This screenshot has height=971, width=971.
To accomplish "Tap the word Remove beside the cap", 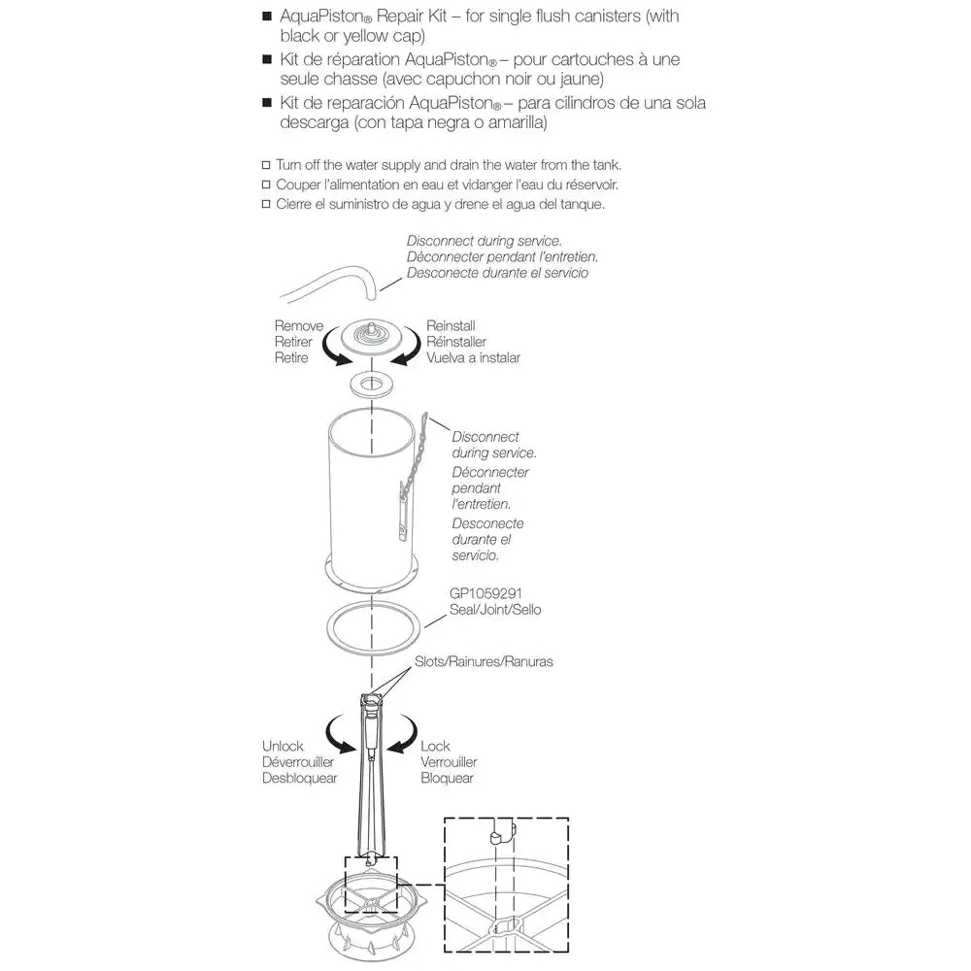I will [x=298, y=327].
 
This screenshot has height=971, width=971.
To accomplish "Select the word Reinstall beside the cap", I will [x=451, y=327].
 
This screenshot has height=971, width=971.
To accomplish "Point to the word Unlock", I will [x=283, y=747].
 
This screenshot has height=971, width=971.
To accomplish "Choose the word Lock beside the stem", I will [x=435, y=747].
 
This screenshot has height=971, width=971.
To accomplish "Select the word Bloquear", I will [x=447, y=778].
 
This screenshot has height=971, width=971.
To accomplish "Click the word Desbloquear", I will [x=298, y=778].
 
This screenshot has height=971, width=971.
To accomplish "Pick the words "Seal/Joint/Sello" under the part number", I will [x=495, y=610].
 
